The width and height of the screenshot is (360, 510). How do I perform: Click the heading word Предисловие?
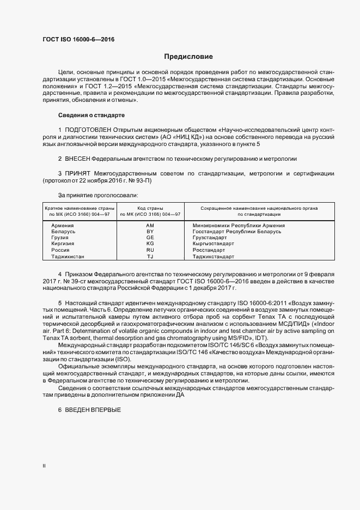click(188, 56)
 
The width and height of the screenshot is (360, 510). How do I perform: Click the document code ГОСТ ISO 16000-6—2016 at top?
click(78, 39)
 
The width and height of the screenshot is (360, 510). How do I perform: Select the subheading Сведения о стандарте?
click(91, 116)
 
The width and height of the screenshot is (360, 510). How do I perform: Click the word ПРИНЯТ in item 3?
click(76, 173)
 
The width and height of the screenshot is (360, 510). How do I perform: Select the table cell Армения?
click(63, 225)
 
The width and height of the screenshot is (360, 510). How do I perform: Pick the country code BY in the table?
click(150, 232)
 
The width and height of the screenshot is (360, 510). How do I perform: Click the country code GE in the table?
click(150, 238)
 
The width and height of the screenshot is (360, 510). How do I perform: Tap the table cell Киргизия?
click(64, 244)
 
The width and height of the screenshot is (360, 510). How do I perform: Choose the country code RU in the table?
click(150, 250)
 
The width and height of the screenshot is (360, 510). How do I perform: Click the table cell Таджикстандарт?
click(213, 256)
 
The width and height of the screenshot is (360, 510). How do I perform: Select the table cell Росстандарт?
click(209, 250)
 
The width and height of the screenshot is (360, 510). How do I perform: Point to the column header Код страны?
click(150, 209)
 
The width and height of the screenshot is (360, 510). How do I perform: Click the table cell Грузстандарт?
click(210, 238)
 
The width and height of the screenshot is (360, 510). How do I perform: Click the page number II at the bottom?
click(44, 466)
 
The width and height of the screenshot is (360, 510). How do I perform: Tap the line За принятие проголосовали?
click(97, 195)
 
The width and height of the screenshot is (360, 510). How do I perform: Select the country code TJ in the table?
click(150, 256)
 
